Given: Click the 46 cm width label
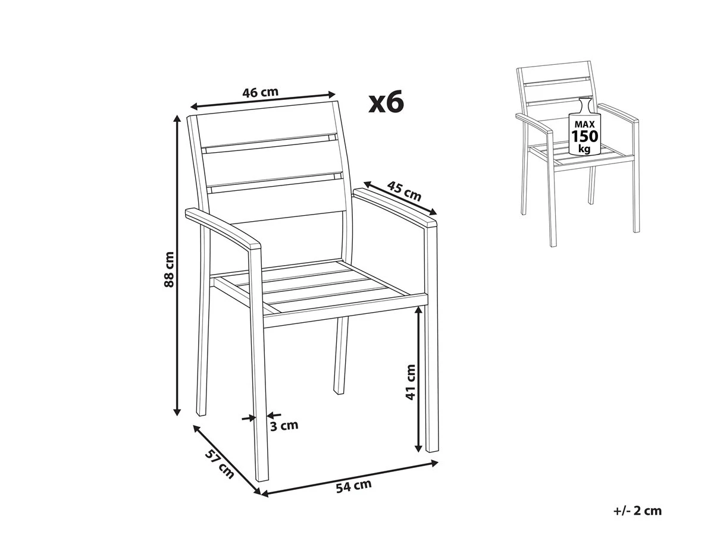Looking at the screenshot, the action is [260, 92].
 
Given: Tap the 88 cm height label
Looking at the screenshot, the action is [169, 269].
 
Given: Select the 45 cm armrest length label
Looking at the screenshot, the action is [404, 191].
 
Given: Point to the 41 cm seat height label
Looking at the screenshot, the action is [411, 382].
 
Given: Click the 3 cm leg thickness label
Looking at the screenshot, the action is [284, 425].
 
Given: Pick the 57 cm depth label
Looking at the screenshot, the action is [219, 464].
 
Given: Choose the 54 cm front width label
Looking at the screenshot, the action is [353, 486].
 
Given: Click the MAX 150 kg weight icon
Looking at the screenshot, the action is [584, 127].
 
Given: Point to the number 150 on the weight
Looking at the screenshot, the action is [585, 136].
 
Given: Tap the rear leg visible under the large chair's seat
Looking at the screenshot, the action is [341, 355].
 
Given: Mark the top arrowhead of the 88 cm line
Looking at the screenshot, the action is [177, 119].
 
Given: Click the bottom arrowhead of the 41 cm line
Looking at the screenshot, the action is [419, 448].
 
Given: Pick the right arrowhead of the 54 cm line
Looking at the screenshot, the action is [434, 462].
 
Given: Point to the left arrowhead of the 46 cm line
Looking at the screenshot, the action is [194, 106].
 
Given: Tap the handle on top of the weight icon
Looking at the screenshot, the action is [584, 105].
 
